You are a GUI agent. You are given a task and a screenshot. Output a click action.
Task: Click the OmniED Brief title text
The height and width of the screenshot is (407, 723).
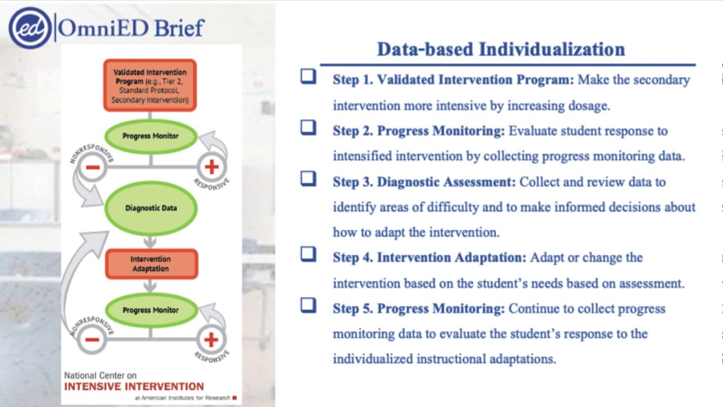pos(131,28)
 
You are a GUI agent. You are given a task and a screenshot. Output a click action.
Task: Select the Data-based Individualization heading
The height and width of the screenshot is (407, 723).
pos(500,49)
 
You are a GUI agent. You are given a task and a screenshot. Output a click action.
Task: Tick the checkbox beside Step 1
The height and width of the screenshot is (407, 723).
pos(308,76)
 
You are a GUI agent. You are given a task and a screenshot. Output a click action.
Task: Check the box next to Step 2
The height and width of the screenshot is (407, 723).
pos(308,128)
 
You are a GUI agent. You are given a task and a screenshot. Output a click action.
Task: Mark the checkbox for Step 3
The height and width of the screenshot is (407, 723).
pos(308,179)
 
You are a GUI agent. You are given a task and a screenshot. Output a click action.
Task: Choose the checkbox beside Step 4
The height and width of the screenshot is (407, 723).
pos(308,254)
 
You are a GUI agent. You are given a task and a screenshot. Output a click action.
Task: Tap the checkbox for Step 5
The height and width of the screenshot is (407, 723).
pos(308,305)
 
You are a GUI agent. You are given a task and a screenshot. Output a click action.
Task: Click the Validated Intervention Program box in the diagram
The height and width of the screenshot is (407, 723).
pos(150,86)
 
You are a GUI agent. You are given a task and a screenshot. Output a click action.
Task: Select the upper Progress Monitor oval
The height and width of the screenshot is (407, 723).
pos(151,136)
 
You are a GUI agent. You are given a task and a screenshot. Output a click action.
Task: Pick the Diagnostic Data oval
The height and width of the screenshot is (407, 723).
pos(151,208)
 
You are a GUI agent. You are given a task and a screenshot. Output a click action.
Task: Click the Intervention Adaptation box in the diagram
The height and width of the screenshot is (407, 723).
pos(151,264)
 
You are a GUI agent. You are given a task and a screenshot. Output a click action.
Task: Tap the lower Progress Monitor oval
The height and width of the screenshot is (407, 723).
pos(151,310)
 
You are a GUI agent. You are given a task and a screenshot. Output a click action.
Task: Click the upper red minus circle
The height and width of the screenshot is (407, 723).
pos(92,167)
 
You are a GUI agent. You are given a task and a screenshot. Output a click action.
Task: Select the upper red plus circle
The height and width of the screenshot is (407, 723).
pos(211,167)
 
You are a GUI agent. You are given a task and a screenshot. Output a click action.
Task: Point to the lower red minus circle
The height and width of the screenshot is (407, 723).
pos(92,340)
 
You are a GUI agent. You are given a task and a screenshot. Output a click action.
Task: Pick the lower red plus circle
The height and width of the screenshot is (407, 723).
pos(211,340)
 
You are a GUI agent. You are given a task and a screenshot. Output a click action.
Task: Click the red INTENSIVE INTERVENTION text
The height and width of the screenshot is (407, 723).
pos(134,387)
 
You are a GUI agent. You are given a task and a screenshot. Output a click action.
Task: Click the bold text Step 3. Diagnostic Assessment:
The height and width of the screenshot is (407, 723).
pos(424,182)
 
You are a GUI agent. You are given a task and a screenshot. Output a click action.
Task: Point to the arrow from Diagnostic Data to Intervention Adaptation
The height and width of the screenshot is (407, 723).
pos(150,241)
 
